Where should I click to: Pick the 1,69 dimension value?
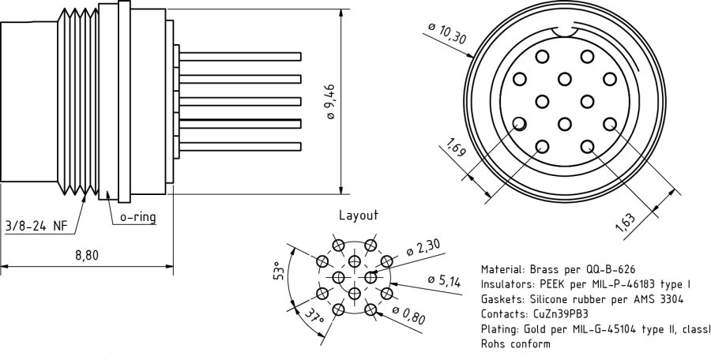(x=456, y=148)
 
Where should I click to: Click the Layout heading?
(x=358, y=215)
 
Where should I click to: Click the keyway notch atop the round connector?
(x=564, y=31)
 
